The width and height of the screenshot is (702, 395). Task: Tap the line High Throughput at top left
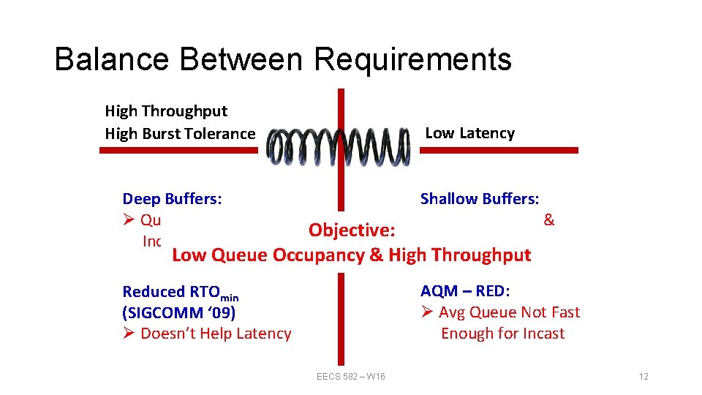coord(166,111)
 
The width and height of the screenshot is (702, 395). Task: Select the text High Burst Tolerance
coord(180,134)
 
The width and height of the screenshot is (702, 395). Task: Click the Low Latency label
coord(469,133)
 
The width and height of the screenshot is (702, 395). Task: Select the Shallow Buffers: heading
coord(480,199)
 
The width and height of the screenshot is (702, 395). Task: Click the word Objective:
coord(352,230)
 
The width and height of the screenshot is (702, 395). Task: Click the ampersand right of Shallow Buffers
coord(548,220)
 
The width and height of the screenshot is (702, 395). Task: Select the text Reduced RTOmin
coord(181,293)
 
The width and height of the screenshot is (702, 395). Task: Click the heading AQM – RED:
coord(465,291)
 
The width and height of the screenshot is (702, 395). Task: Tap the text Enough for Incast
coord(502,334)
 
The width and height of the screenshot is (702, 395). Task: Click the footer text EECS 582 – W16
coord(351,377)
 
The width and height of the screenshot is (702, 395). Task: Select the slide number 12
coord(643,377)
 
